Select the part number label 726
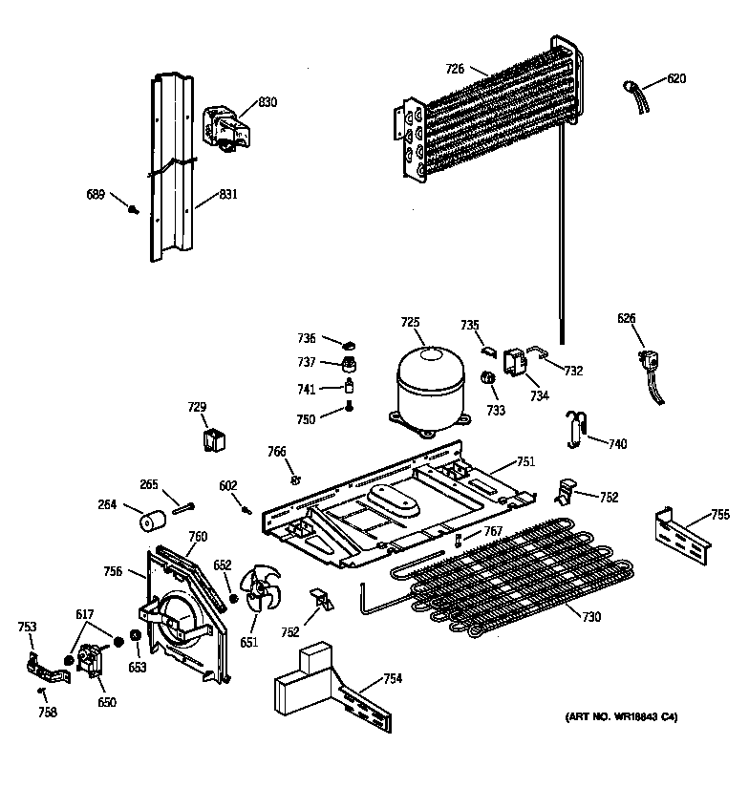(456, 68)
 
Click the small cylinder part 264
(150, 522)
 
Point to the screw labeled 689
(135, 207)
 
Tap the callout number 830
(267, 102)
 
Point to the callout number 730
(591, 617)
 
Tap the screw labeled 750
(349, 410)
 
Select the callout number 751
(525, 461)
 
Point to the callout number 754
(392, 679)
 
